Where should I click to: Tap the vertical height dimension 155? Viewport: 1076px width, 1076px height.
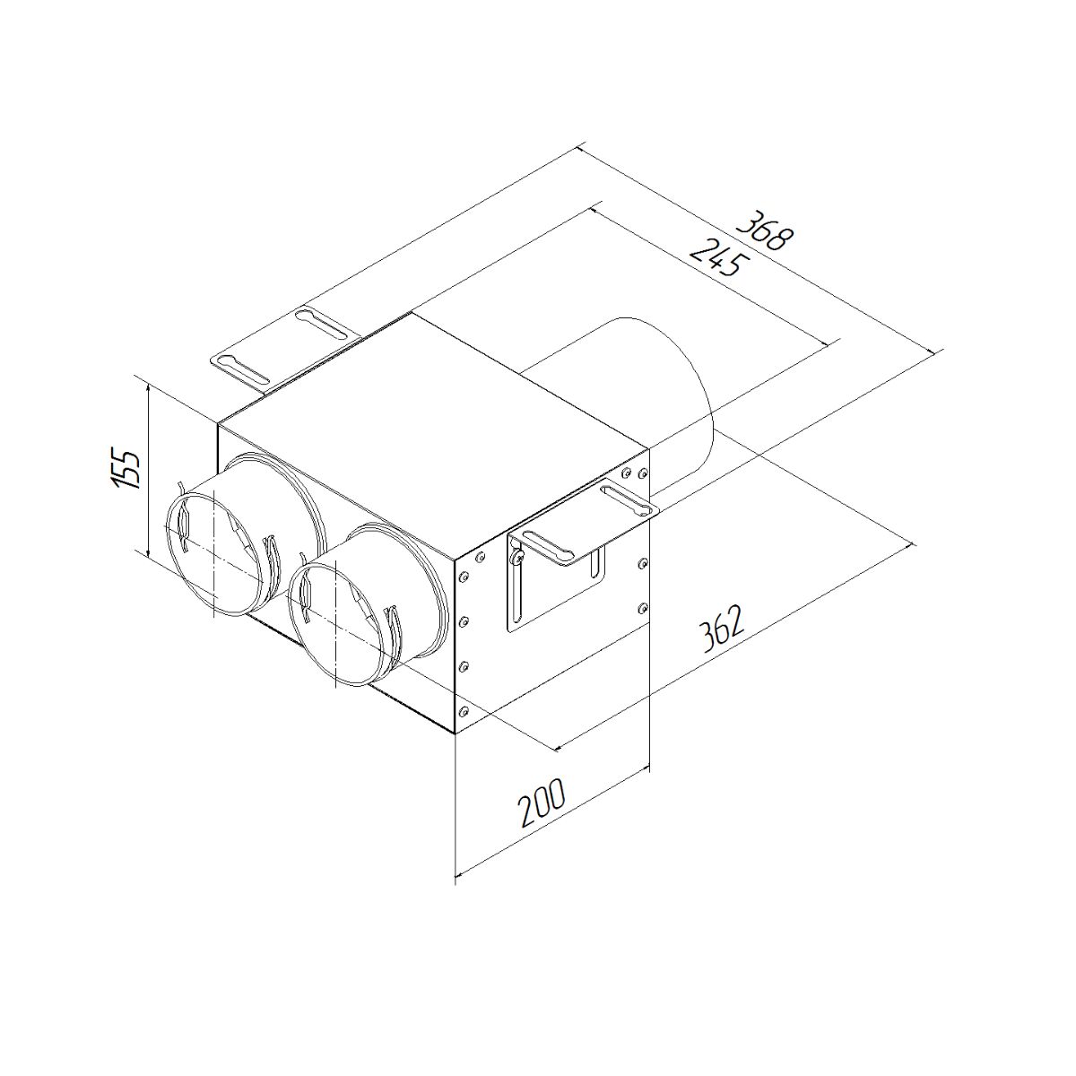tap(130, 467)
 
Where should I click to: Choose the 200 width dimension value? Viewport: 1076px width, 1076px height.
tap(542, 803)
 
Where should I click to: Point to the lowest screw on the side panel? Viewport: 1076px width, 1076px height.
tap(464, 712)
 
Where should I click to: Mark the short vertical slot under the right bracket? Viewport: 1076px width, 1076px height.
tap(594, 565)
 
